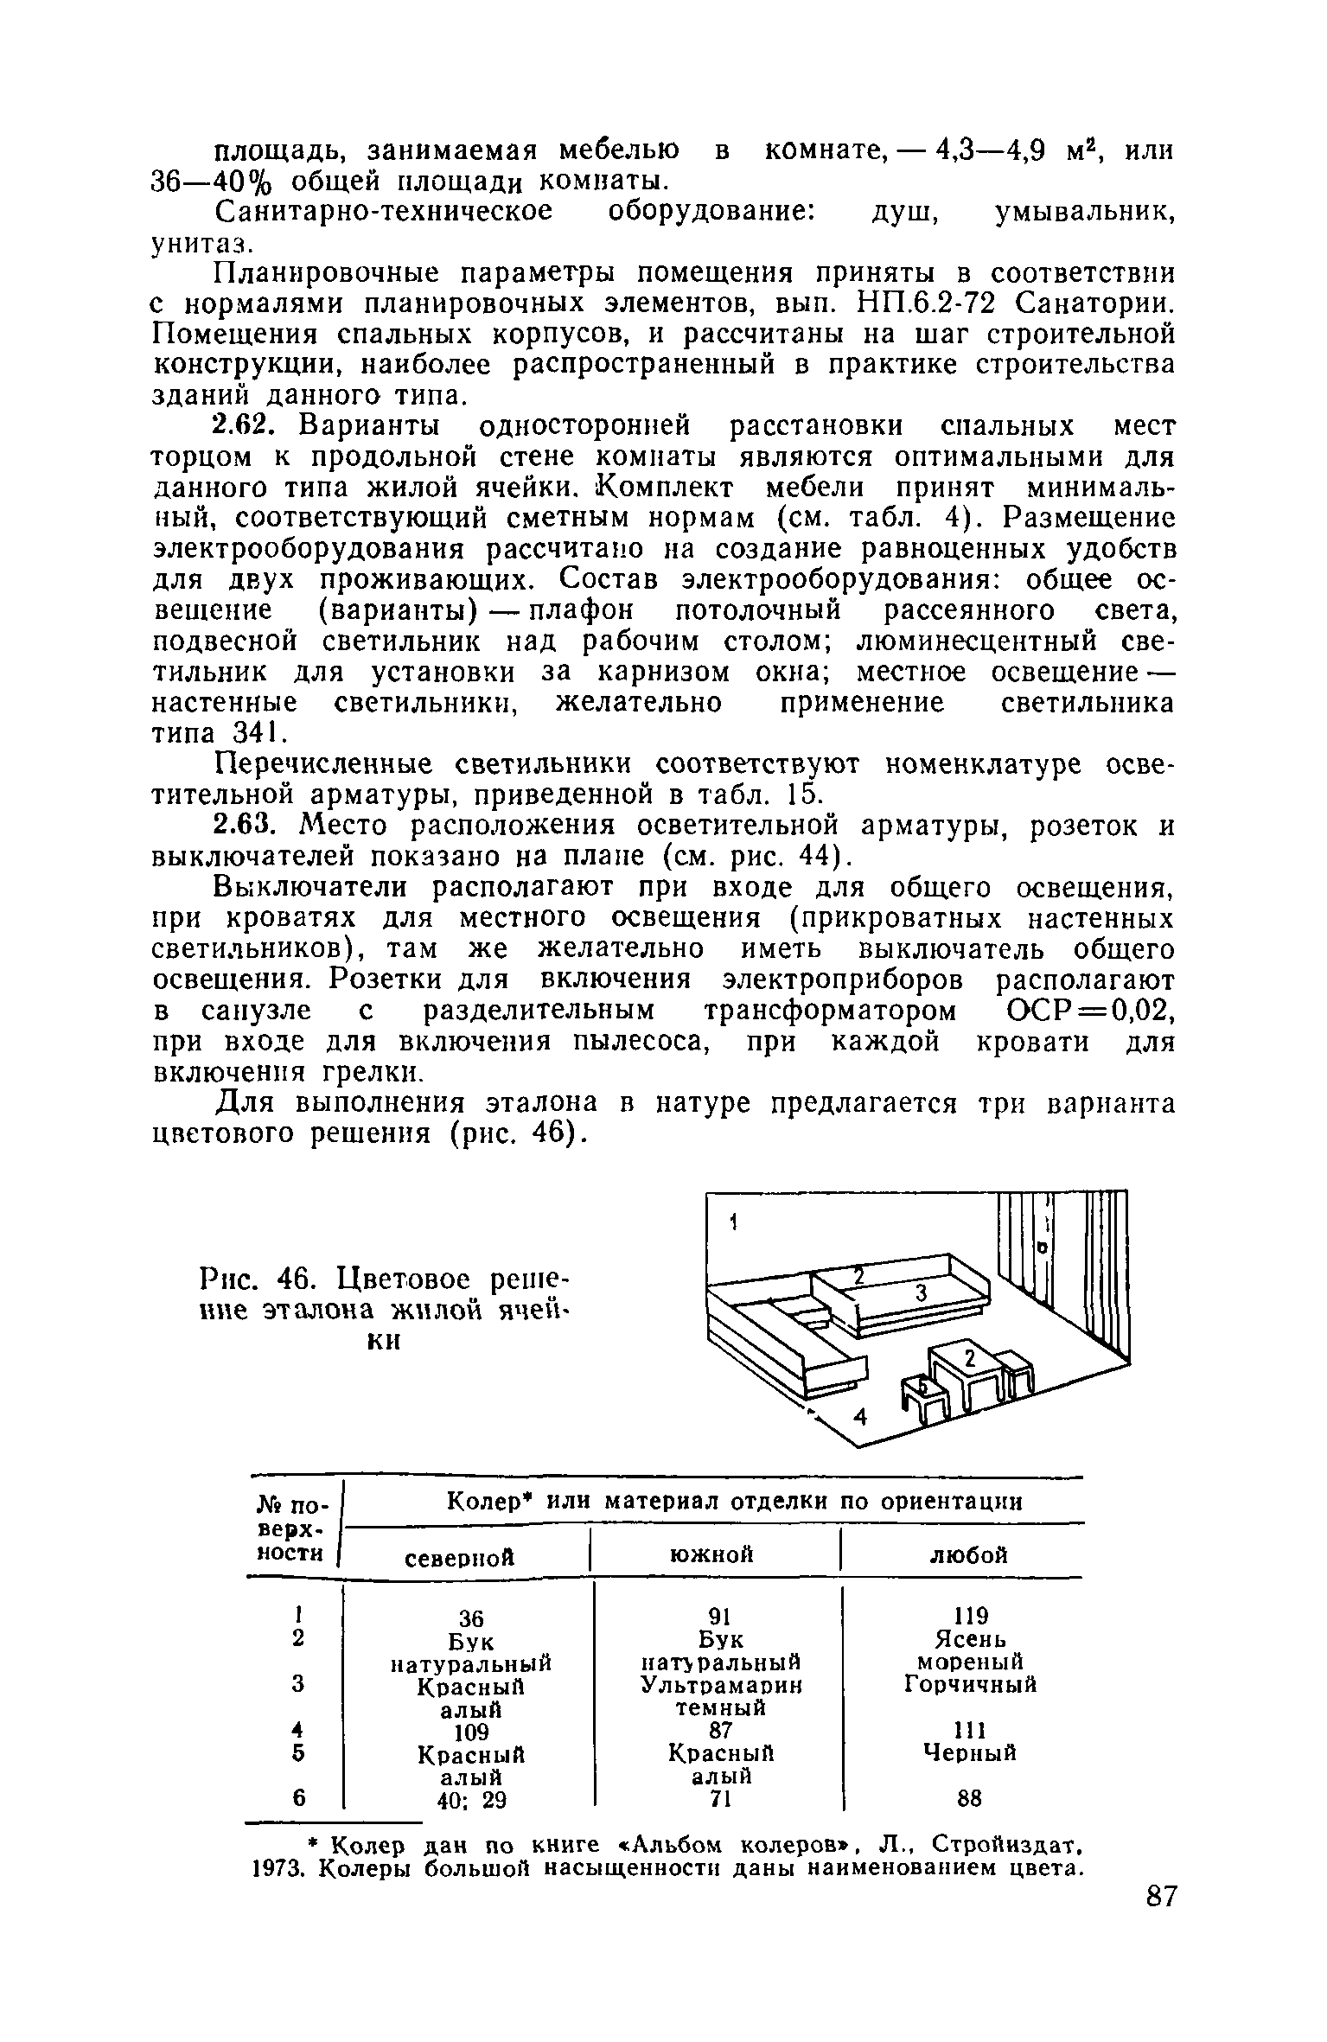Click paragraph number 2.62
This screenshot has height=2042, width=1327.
243,426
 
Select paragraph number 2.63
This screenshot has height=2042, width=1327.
243,826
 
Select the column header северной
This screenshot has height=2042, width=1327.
460,1557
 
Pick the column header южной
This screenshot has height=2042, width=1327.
711,1555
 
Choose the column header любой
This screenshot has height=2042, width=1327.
968,1555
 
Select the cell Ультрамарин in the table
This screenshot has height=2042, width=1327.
721,1685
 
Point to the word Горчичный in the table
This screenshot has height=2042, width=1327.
970,1685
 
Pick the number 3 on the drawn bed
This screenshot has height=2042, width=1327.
920,1293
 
